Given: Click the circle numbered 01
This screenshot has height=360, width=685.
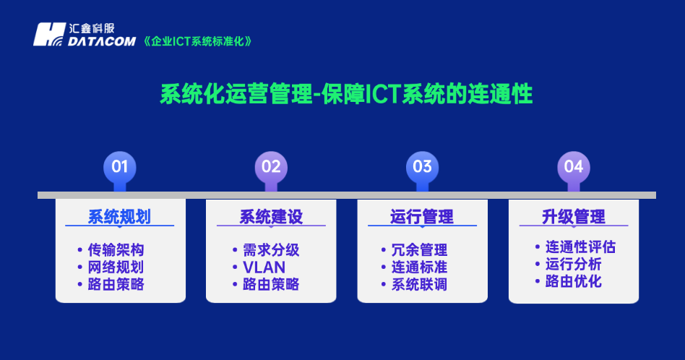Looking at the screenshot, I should pos(119,167).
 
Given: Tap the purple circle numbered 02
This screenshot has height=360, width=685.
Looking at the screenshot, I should pos(271,167).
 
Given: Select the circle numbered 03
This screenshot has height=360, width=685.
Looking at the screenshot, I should pos(422,167).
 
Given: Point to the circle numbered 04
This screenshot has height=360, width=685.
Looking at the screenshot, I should pos(573,167).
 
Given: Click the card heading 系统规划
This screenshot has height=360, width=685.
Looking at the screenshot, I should pos(119,217).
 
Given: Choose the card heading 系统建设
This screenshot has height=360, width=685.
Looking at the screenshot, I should pos(271,217).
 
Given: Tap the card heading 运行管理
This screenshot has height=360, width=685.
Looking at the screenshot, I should pos(422,217).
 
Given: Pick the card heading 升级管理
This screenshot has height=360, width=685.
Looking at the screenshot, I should pos(573,217).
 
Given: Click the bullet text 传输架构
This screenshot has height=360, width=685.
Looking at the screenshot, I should pos(116,250).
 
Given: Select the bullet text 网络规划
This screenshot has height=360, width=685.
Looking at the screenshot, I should pos(116,267).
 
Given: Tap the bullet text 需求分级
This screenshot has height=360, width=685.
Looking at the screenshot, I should pos(271,250).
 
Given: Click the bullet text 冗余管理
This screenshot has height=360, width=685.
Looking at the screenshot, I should pos(419,250).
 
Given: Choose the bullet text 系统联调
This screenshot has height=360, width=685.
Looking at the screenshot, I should pos(419,285).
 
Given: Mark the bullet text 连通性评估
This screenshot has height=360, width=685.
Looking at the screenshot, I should pos(580,247).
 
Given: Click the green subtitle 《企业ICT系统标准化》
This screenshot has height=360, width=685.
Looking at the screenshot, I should pos(198,41).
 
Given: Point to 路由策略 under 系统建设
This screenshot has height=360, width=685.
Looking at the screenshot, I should pos(271,285).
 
